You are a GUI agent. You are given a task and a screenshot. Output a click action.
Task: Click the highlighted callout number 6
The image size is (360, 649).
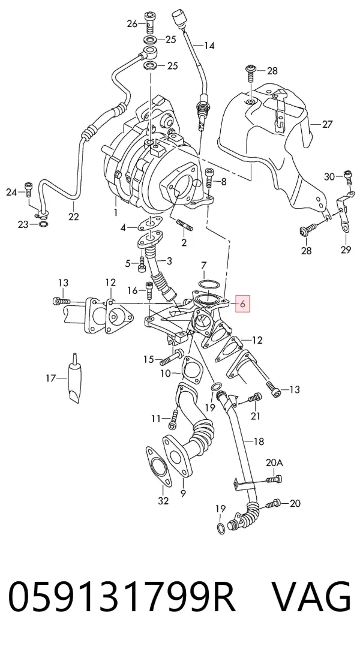click(243, 304)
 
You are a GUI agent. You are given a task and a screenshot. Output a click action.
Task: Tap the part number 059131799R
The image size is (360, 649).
click(122, 597)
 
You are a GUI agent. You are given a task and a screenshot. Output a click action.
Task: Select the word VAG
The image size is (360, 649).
click(311, 597)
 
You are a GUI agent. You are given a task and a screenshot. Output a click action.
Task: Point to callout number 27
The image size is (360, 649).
click(327, 124)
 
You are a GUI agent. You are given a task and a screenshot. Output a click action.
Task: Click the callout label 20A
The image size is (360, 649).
click(274, 462)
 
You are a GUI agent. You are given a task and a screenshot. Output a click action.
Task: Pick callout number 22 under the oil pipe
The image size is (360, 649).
click(73, 216)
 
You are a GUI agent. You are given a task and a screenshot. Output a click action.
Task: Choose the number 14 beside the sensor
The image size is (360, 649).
click(209, 46)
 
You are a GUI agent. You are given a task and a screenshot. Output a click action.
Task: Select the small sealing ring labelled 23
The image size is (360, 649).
click(43, 225)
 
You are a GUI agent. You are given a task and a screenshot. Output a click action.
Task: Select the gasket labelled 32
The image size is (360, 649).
click(158, 467)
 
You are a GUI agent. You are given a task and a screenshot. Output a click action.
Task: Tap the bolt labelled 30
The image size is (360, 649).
click(348, 177)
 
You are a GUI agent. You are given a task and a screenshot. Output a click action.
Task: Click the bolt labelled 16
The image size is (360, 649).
click(149, 290)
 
